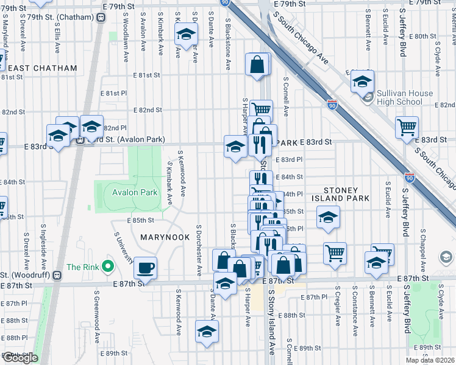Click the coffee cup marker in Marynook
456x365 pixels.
[145, 267]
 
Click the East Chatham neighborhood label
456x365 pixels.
[43, 69]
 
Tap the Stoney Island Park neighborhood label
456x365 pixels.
[340, 194]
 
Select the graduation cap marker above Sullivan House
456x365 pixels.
[362, 82]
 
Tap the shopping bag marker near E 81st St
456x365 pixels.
[258, 64]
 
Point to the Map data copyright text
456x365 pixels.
[430, 360]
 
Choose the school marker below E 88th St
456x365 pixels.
[207, 332]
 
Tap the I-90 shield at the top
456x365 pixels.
[225, 3]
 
